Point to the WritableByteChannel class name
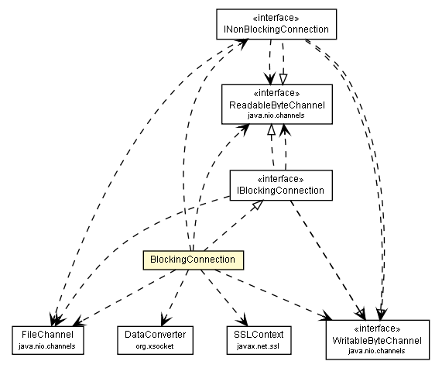377,340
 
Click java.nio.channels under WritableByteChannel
377,350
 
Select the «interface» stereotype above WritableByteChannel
377,329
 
